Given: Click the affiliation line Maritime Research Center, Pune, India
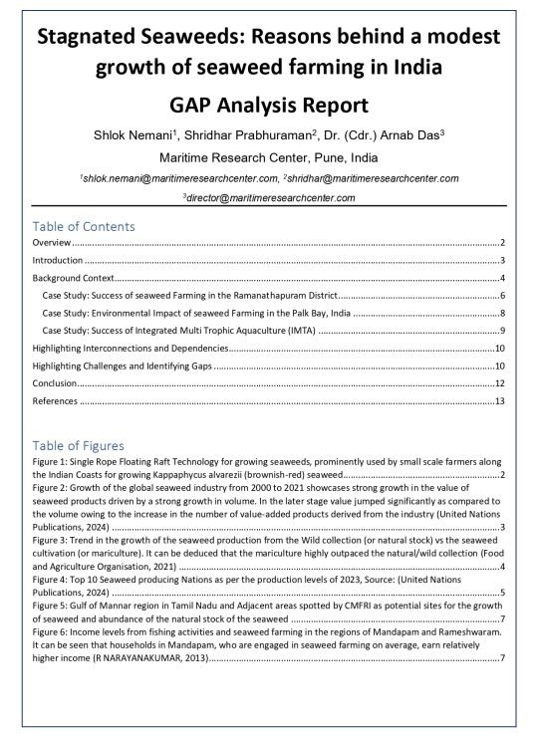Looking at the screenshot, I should click(269, 157).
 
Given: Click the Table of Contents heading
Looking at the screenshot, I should click(84, 226).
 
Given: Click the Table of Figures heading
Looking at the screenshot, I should click(79, 444).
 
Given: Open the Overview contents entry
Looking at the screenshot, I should click(52, 242).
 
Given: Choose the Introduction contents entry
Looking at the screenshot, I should click(58, 260).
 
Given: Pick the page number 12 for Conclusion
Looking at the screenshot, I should click(501, 383).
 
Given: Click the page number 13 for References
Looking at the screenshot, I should click(501, 401).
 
